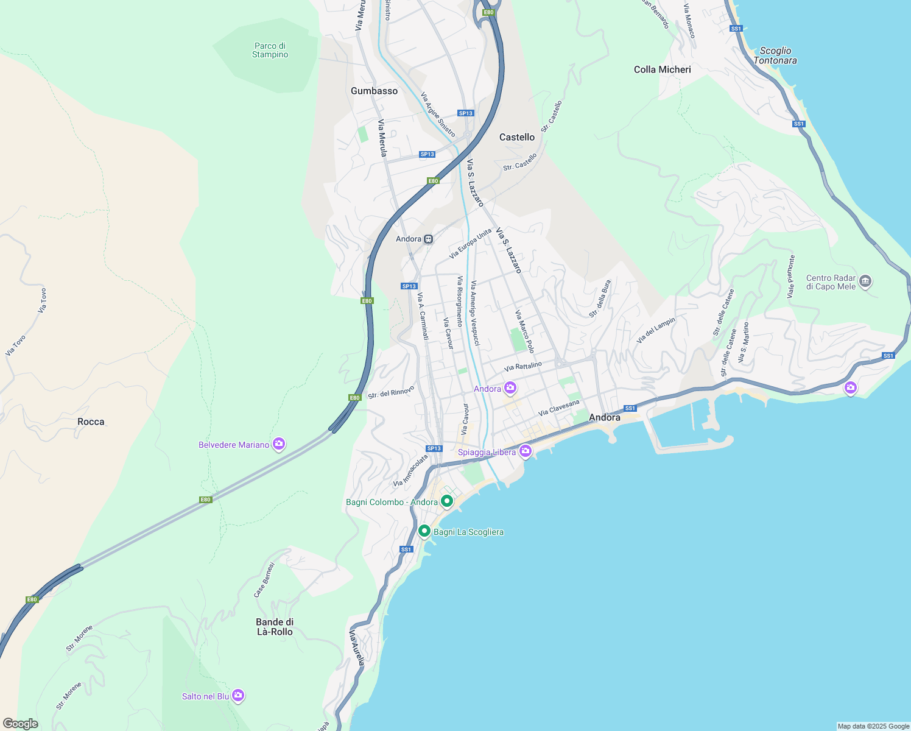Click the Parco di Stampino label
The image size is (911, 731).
tap(270, 50)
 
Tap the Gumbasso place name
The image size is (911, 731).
tap(374, 91)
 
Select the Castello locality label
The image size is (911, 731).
tap(516, 137)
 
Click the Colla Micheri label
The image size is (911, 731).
tap(662, 69)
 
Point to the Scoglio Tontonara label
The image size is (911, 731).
tap(775, 55)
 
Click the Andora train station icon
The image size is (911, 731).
tap(429, 239)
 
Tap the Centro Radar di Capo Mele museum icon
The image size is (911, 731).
tap(865, 281)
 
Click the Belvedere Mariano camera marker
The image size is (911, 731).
tap(279, 444)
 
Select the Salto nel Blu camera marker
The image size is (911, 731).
tap(238, 695)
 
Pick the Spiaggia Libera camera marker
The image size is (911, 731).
tap(526, 451)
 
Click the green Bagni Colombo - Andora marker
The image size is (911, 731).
tap(447, 501)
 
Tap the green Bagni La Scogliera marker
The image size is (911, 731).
tap(424, 531)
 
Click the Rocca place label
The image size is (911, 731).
tap(91, 422)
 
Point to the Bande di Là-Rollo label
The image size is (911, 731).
tap(274, 627)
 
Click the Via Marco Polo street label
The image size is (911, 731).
tap(524, 331)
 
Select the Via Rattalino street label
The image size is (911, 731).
tap(522, 366)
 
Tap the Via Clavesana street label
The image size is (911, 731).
tap(559, 408)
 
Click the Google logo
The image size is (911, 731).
tap(21, 724)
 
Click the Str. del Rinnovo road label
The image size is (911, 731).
tap(391, 392)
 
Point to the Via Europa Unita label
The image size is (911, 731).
tap(470, 244)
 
